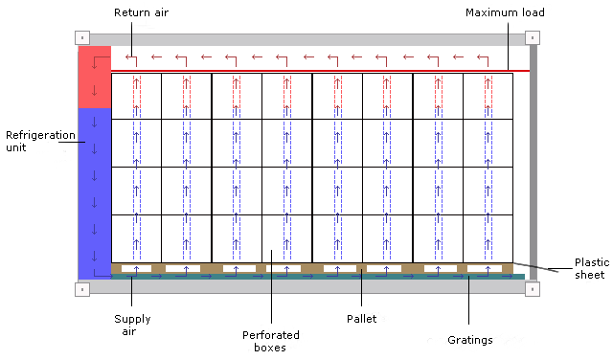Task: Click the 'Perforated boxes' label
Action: [x=272, y=342]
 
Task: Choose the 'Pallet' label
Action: [x=362, y=317]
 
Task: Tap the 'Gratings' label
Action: [x=469, y=339]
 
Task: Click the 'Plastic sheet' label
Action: [x=588, y=268]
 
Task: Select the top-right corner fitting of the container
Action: [x=532, y=39]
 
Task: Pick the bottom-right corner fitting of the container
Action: [x=532, y=286]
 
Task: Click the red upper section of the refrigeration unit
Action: [x=94, y=77]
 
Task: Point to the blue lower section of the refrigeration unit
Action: [x=94, y=191]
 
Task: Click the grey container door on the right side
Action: [x=534, y=163]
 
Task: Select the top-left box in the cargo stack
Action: [x=136, y=96]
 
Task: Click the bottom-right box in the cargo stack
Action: [x=488, y=238]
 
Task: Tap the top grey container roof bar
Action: [x=306, y=39]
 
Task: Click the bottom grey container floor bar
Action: [x=306, y=286]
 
